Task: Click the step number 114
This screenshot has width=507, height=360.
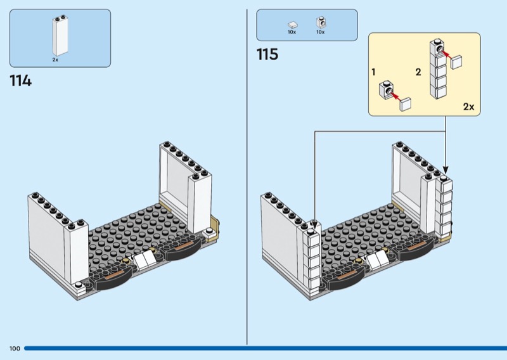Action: click(x=21, y=81)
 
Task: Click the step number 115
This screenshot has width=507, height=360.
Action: click(x=267, y=55)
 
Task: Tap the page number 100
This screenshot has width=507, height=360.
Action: click(x=15, y=349)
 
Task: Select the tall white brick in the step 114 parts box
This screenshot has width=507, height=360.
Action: click(x=60, y=35)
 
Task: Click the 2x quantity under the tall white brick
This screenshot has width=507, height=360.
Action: click(x=55, y=60)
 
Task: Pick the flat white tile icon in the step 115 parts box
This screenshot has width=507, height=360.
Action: click(x=293, y=25)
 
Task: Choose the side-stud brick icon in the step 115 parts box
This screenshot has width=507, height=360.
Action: click(x=321, y=23)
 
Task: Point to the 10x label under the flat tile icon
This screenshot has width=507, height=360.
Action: click(x=292, y=32)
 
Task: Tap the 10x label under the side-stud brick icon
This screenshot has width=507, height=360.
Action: click(x=321, y=32)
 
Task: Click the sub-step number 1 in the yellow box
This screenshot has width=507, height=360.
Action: click(x=373, y=72)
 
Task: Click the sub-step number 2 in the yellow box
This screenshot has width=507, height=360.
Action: click(x=418, y=72)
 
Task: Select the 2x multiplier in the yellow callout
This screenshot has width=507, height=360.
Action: click(x=468, y=106)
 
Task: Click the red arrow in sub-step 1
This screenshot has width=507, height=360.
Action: click(x=394, y=96)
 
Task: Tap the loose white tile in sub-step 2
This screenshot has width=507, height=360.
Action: click(x=456, y=61)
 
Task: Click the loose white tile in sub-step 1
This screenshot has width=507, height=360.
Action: click(x=405, y=104)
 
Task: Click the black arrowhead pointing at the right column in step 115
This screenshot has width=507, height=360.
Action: click(x=446, y=169)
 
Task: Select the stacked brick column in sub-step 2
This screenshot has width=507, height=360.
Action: click(x=438, y=69)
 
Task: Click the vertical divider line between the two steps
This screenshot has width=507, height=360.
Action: click(x=247, y=177)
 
